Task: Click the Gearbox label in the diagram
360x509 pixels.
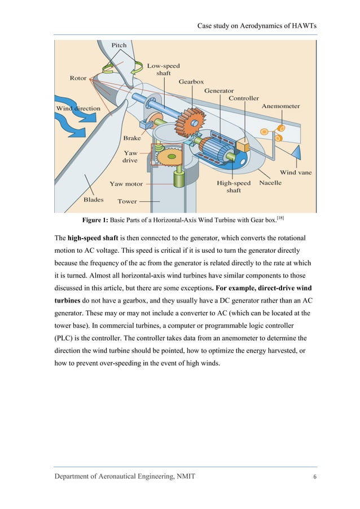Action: point(191,82)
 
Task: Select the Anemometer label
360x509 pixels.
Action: point(280,106)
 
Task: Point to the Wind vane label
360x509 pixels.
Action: point(295,172)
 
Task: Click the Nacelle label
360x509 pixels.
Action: point(270,183)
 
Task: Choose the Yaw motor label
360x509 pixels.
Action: point(126,183)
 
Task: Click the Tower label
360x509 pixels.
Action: point(127,201)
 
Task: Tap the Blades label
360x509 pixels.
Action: point(93,199)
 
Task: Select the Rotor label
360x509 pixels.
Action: point(78,78)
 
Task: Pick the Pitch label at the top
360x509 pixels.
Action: point(119,45)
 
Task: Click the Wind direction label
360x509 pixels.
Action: point(77,108)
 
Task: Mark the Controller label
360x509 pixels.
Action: point(244,98)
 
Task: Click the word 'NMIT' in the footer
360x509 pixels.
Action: point(185,477)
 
